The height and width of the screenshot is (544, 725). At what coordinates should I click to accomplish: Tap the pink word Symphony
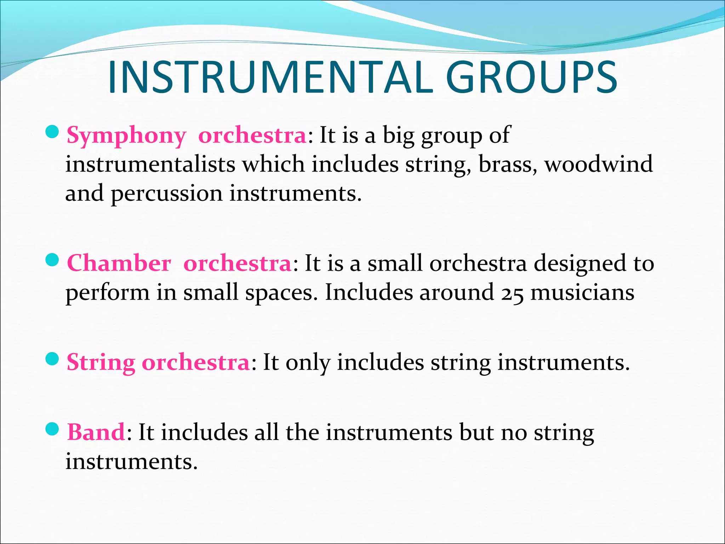[126, 136]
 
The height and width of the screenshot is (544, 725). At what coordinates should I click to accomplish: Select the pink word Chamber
[119, 264]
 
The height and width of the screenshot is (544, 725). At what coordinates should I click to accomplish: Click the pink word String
[101, 363]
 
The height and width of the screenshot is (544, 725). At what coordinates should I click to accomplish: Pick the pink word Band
[96, 433]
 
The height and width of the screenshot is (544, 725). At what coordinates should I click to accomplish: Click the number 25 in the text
[512, 294]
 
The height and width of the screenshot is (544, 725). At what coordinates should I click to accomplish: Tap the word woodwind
[599, 165]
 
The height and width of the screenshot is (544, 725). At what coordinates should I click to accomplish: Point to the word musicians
[582, 293]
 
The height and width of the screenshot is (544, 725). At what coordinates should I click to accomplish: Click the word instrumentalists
[150, 165]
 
